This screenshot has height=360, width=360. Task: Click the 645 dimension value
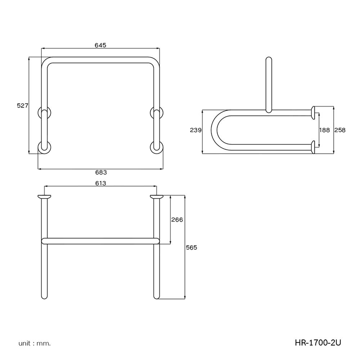point(100,45)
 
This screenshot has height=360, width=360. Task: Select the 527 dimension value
point(23,105)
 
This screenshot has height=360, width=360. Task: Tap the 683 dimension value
point(101,172)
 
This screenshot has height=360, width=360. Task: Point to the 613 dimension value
point(100,183)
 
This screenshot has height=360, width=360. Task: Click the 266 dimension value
point(177,220)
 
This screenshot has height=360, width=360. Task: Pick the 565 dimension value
point(192,247)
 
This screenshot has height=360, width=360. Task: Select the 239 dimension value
point(195,130)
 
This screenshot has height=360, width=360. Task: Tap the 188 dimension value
point(324,130)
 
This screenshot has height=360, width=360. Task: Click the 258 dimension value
point(340,130)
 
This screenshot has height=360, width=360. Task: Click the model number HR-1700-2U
point(317,343)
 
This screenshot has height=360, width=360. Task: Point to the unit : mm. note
point(35,343)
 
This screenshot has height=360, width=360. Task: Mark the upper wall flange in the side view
point(314,112)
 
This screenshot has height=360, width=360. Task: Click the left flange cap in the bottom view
point(44,197)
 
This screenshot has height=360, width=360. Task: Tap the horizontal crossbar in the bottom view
point(100,240)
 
